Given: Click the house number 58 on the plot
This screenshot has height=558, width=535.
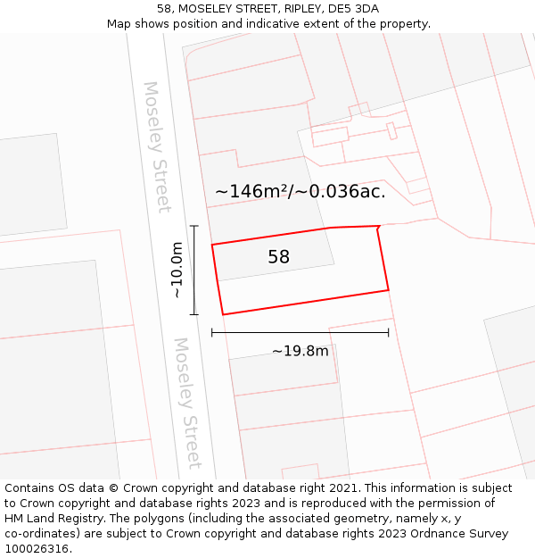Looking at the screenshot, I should coord(278,257).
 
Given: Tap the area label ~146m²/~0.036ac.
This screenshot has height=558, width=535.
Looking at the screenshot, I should coord(300,191).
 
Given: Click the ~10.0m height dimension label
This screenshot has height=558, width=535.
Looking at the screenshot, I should coord(177,270).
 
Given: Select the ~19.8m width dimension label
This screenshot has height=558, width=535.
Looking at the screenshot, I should coord(300,351).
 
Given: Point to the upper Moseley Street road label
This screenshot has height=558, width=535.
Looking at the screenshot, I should coord(156,147).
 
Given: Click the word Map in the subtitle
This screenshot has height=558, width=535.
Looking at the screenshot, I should coord(119,24).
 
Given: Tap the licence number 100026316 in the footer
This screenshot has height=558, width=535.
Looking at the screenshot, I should coord(37,549).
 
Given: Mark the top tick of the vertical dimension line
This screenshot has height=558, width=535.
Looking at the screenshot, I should coord(194,226).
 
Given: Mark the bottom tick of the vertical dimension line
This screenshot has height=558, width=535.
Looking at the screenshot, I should coord(194,314).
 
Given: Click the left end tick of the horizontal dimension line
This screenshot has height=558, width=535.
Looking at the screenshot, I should coord(212,333).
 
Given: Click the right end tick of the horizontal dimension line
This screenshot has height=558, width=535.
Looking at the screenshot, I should coord(389,333).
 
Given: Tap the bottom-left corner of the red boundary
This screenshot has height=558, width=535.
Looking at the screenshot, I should coord(223,314).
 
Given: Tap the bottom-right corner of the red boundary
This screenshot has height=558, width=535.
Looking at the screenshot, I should coord(389,290).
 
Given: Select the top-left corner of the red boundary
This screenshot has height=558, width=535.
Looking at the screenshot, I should coord(212,244).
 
